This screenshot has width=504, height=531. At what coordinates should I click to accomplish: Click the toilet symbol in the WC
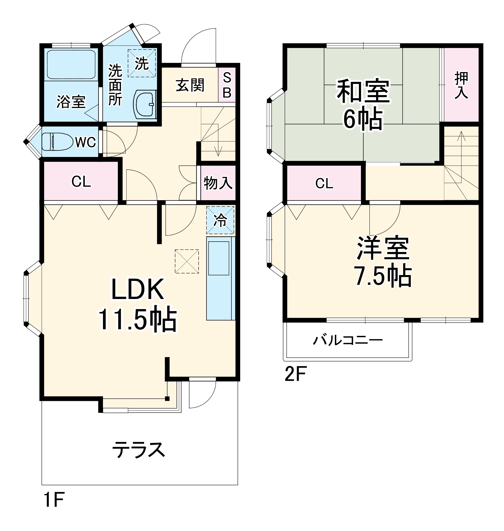tap(57, 142)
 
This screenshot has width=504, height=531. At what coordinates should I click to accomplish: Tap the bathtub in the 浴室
tap(71, 65)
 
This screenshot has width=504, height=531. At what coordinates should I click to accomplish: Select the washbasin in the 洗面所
tap(144, 104)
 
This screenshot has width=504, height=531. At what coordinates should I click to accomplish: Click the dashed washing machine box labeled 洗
tap(141, 63)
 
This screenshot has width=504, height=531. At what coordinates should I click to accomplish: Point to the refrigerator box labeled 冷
tap(220, 220)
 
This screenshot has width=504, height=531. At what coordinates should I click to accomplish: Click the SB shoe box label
tap(227, 85)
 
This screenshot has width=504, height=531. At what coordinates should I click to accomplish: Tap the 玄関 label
tap(190, 85)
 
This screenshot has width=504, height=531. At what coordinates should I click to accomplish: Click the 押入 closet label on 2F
tap(461, 85)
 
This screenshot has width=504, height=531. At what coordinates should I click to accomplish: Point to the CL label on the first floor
tap(81, 182)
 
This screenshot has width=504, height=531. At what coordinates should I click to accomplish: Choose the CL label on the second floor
tap(324, 183)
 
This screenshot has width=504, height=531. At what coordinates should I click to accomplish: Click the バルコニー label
tap(348, 340)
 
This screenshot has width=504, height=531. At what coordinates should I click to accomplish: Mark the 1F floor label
tap(54, 499)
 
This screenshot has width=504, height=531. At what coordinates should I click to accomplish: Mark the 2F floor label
tap(295, 374)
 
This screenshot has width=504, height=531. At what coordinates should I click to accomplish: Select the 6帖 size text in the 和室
tap(363, 119)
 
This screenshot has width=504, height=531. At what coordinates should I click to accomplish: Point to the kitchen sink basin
tap(219, 258)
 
